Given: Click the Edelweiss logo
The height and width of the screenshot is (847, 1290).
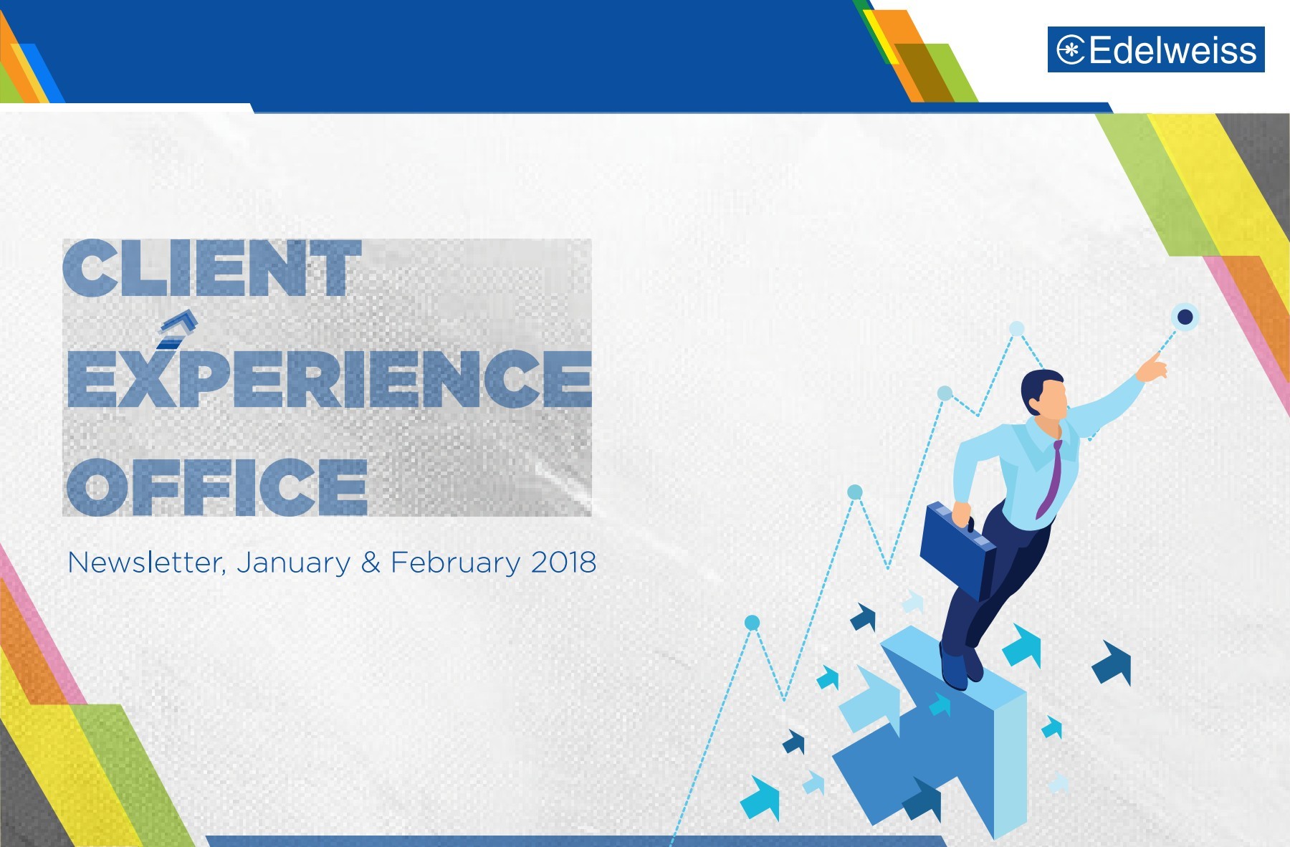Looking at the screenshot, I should click(x=1155, y=49).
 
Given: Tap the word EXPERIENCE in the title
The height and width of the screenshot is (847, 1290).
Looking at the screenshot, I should click(x=329, y=378).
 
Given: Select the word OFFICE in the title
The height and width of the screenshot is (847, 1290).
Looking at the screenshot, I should click(x=216, y=487).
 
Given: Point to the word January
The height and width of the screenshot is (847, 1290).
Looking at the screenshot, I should click(x=293, y=563).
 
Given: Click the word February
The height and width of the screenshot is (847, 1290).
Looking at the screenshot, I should click(x=455, y=563).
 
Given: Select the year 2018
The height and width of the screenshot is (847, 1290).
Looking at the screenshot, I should click(x=563, y=563).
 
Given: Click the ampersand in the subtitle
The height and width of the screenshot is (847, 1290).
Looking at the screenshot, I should click(x=371, y=563).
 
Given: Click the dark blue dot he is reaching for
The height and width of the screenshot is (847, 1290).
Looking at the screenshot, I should click(x=1185, y=317).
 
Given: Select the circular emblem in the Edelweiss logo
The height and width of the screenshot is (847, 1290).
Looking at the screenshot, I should click(x=1071, y=50).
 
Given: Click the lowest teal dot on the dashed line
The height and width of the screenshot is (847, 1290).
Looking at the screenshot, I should click(x=752, y=623).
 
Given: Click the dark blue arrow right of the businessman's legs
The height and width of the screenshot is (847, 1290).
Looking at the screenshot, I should click(x=1112, y=662).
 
